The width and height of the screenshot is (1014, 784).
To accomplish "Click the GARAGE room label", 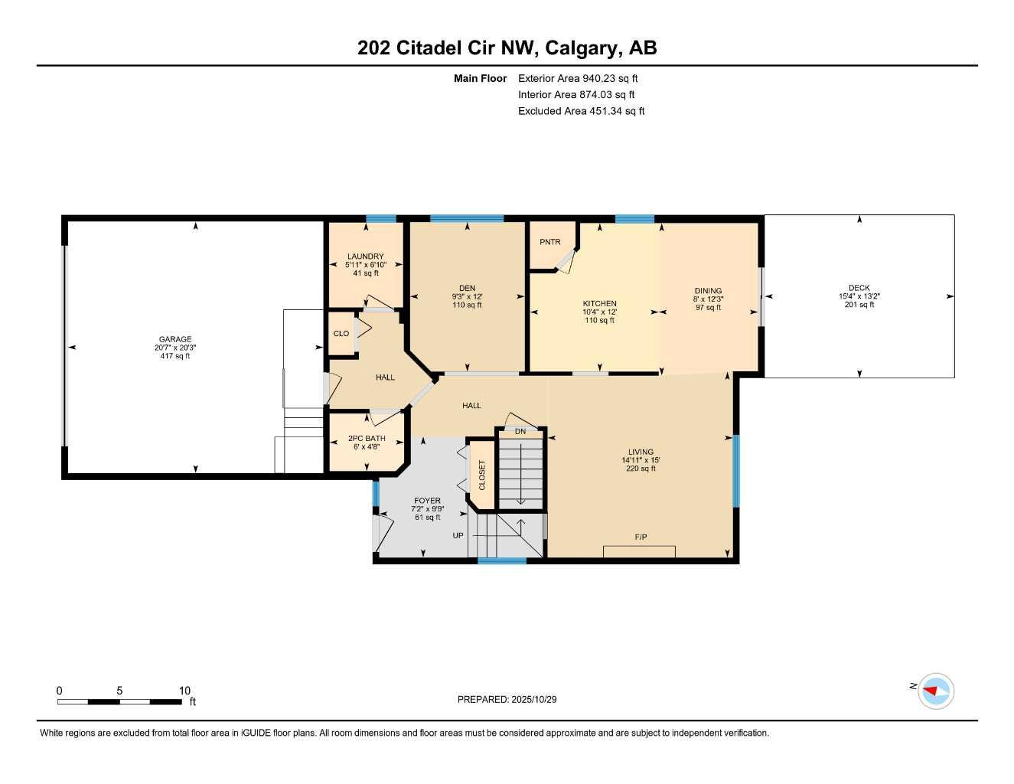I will point(175,339).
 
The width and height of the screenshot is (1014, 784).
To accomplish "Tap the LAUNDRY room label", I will point(365,256).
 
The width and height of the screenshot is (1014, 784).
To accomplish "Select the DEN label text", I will point(467,289).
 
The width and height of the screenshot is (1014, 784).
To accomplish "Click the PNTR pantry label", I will point(549,242).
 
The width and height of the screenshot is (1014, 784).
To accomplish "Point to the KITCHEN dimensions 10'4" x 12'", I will point(599,312).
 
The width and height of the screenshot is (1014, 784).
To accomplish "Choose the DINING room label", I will point(708,291).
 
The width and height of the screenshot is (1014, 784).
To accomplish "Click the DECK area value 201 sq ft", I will point(859,305).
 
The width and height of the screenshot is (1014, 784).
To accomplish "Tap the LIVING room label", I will point(641,452).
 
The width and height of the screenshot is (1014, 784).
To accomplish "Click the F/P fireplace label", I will point(641,537).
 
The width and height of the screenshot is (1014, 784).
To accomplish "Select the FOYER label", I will point(427,501).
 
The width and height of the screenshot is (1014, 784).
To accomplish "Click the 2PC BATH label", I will point(367,439).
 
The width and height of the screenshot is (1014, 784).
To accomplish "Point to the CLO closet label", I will point(341,333).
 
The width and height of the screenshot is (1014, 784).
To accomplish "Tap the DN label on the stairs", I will point(520,432).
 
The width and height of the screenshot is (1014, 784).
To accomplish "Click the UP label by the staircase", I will point(458,536).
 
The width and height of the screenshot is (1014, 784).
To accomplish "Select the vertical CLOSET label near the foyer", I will point(482,475).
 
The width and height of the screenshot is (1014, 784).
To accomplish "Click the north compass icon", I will point(936,691).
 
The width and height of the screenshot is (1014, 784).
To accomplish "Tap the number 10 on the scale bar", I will point(184,691).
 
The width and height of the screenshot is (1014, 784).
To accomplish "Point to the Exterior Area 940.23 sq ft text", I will point(578,78).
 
